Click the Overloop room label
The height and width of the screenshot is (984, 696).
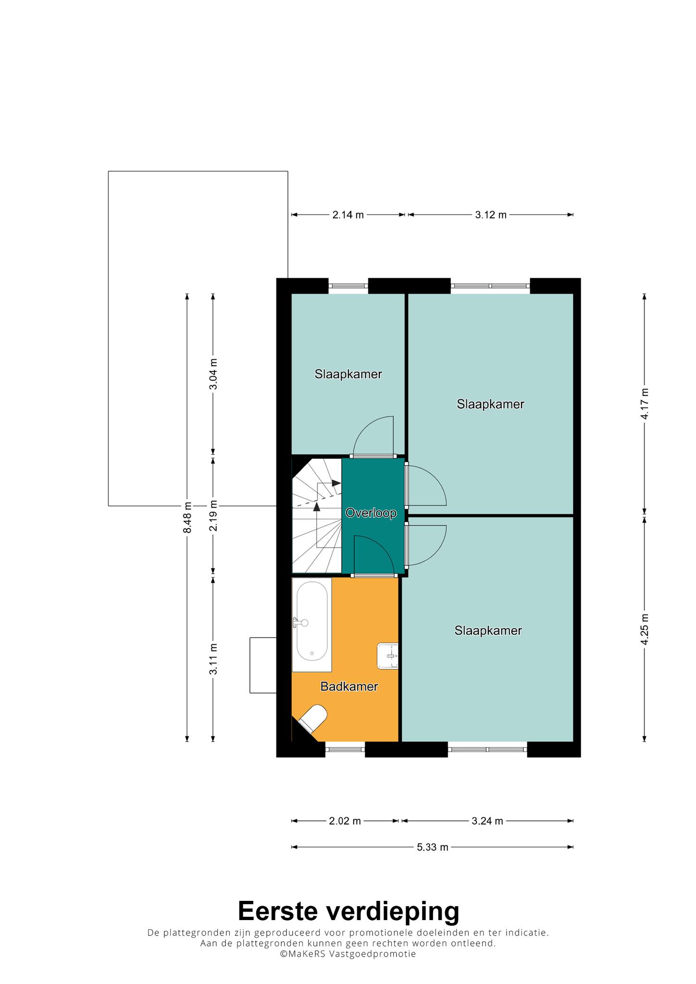click(371, 513)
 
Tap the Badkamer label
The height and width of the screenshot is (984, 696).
click(349, 687)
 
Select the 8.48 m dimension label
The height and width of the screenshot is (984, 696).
click(187, 517)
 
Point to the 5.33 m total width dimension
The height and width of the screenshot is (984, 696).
click(433, 847)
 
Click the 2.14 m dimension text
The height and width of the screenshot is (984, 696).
click(348, 215)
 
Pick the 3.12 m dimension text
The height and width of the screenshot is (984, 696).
click(491, 215)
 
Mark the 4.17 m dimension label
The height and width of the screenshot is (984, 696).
click(645, 404)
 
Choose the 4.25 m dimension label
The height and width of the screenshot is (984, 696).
click(645, 629)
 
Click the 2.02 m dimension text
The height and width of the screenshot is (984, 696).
click(345, 821)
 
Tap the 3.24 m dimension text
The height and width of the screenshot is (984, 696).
click(487, 821)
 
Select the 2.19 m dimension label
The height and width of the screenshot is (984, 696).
click(213, 516)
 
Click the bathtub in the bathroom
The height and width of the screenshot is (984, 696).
click(312, 625)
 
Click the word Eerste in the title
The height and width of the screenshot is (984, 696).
click(278, 910)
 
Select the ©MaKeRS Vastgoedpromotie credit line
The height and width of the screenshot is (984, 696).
click(348, 954)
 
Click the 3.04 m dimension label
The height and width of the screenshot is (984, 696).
click(213, 374)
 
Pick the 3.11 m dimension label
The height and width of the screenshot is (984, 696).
click(213, 658)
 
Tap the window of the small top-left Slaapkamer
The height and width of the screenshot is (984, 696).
click(348, 286)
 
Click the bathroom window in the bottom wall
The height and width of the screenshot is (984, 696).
click(345, 749)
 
